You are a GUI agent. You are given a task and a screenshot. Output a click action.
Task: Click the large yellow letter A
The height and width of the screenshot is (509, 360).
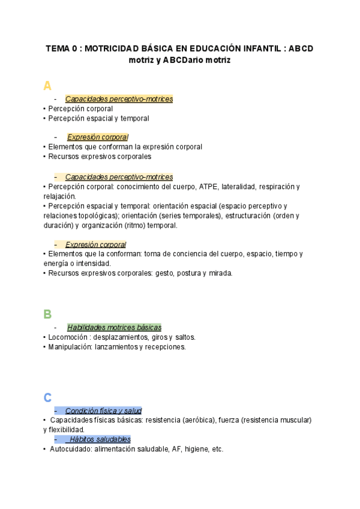47,86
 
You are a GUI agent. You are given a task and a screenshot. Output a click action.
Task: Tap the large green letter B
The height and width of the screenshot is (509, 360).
47,314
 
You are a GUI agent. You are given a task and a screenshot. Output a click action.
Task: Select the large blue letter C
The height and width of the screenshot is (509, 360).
47,397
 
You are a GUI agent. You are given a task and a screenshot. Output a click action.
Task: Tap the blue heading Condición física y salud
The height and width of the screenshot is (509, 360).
103,411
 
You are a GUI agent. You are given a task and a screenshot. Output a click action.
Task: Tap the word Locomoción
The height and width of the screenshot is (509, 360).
68,337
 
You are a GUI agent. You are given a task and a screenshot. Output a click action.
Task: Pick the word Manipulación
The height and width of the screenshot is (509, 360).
71,346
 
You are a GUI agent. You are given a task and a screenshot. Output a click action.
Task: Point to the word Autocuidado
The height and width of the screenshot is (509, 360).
71,448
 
